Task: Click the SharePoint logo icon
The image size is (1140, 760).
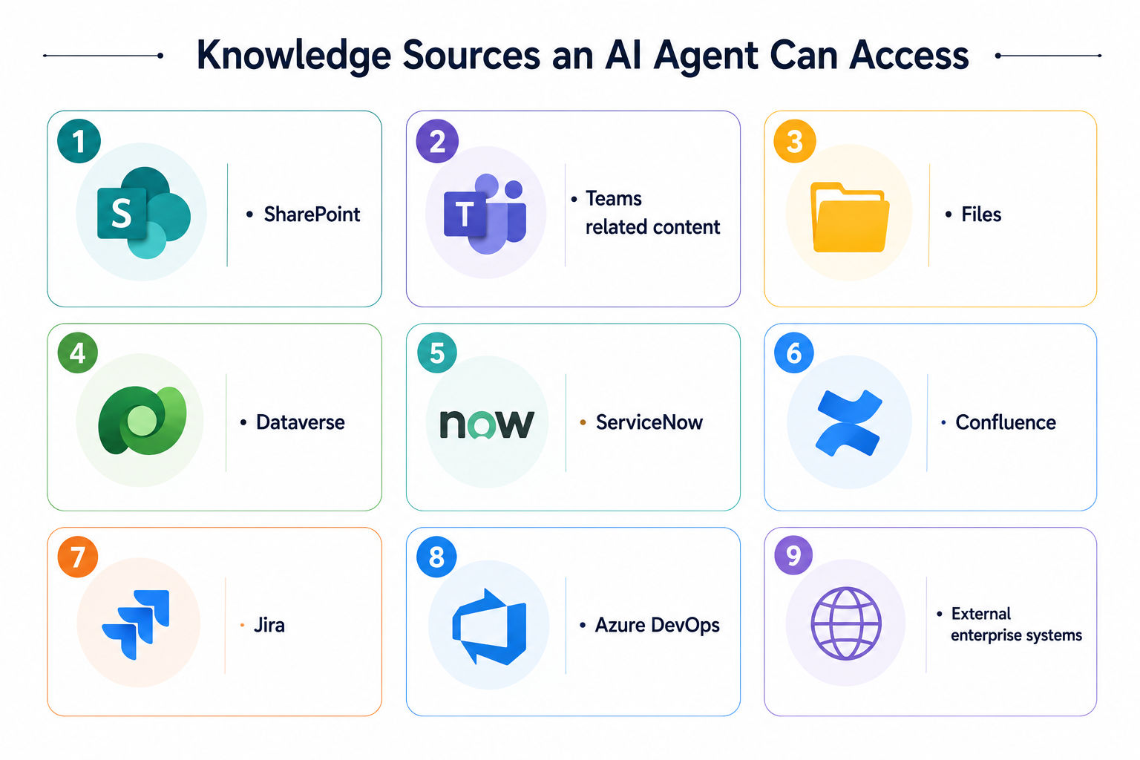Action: point(143,213)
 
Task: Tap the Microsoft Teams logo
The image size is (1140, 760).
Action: point(485,214)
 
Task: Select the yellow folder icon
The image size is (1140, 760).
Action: point(849,217)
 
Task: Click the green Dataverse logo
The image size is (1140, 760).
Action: point(142,421)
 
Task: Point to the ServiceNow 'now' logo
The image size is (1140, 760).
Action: point(487,424)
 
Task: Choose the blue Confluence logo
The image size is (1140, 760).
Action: point(848,423)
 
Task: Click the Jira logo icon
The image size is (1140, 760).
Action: point(136,625)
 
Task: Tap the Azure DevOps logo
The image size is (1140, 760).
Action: point(489,626)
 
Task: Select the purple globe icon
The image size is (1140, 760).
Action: point(846,623)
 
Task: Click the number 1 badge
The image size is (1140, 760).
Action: point(79,141)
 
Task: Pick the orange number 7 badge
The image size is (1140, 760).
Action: point(78,557)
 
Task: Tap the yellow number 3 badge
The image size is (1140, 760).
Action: point(794,141)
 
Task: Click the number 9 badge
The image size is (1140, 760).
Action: point(793,555)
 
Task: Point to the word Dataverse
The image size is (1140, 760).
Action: point(301,422)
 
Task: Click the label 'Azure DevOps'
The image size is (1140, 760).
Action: point(657,626)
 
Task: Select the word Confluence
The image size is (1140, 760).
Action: point(1006,422)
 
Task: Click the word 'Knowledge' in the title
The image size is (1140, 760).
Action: point(294,56)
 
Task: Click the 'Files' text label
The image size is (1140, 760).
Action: point(981,214)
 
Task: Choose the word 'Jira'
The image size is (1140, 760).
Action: point(269,625)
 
